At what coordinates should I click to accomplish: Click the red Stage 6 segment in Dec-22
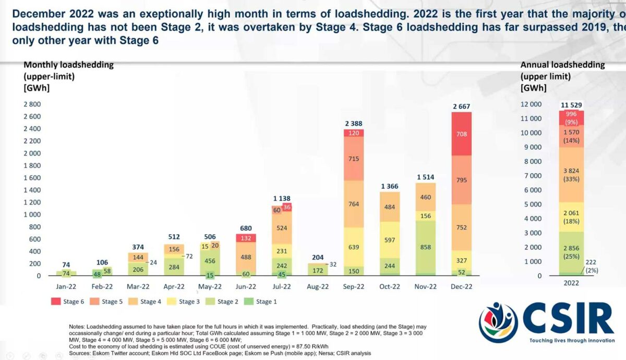point(461,134)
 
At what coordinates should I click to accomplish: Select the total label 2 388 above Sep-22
point(354,124)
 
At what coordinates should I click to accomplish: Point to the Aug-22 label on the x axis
point(317,286)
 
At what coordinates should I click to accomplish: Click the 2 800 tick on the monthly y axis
point(32,104)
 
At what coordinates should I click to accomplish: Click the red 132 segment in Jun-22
point(245,238)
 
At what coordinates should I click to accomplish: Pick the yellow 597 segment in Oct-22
point(390,239)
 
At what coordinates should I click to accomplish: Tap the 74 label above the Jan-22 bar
point(66,265)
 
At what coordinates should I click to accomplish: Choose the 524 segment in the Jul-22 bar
point(281,227)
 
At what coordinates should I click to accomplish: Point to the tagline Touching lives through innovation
point(571,340)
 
